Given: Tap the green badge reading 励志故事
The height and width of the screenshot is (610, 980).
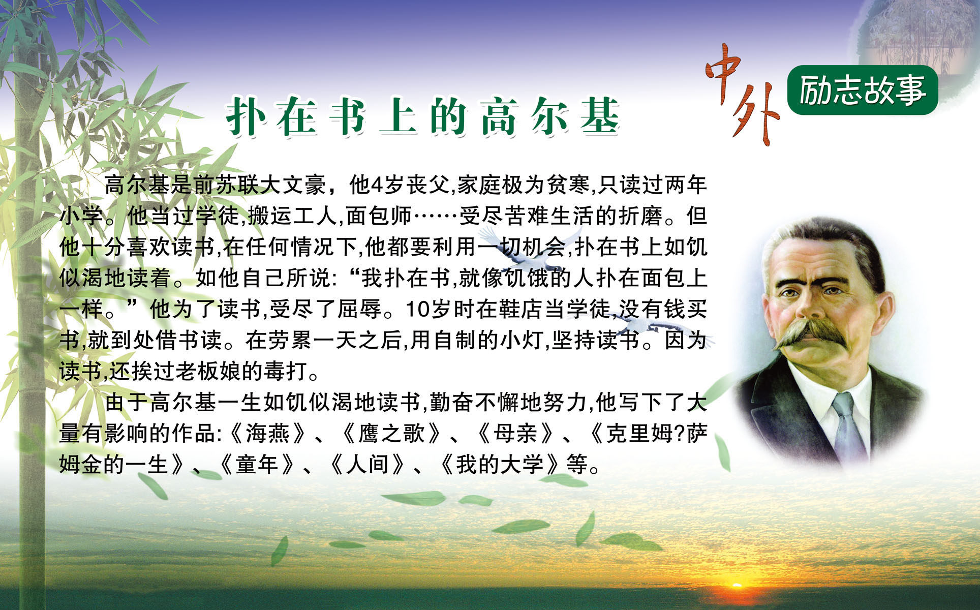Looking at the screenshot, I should pyautogui.click(x=862, y=90).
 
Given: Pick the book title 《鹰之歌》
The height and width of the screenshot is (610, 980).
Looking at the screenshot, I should pyautogui.click(x=391, y=434).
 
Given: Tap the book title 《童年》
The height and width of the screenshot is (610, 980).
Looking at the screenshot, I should pyautogui.click(x=257, y=465).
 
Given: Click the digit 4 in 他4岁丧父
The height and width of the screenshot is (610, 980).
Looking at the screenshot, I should pyautogui.click(x=377, y=185).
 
